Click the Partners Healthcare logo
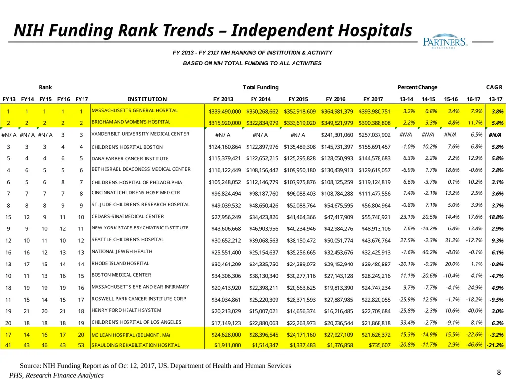(x=445, y=41)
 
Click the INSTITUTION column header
(x=147, y=99)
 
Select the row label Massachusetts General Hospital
(x=134, y=110)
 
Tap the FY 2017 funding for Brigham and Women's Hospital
(x=375, y=123)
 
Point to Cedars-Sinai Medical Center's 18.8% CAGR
(x=496, y=217)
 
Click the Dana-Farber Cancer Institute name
(x=130, y=158)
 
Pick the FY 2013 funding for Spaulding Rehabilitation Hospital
(x=227, y=345)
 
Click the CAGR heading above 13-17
(x=494, y=87)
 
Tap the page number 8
(x=499, y=372)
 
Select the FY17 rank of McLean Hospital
(x=81, y=335)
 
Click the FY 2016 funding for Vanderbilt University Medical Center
(x=337, y=135)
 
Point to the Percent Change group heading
(x=417, y=87)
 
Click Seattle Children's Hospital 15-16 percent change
(x=452, y=240)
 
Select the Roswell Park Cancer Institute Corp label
(x=139, y=299)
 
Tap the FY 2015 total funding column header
(x=298, y=99)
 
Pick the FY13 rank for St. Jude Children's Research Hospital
(x=8, y=206)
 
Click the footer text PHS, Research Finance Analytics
(x=56, y=375)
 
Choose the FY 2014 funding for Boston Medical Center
(x=263, y=276)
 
